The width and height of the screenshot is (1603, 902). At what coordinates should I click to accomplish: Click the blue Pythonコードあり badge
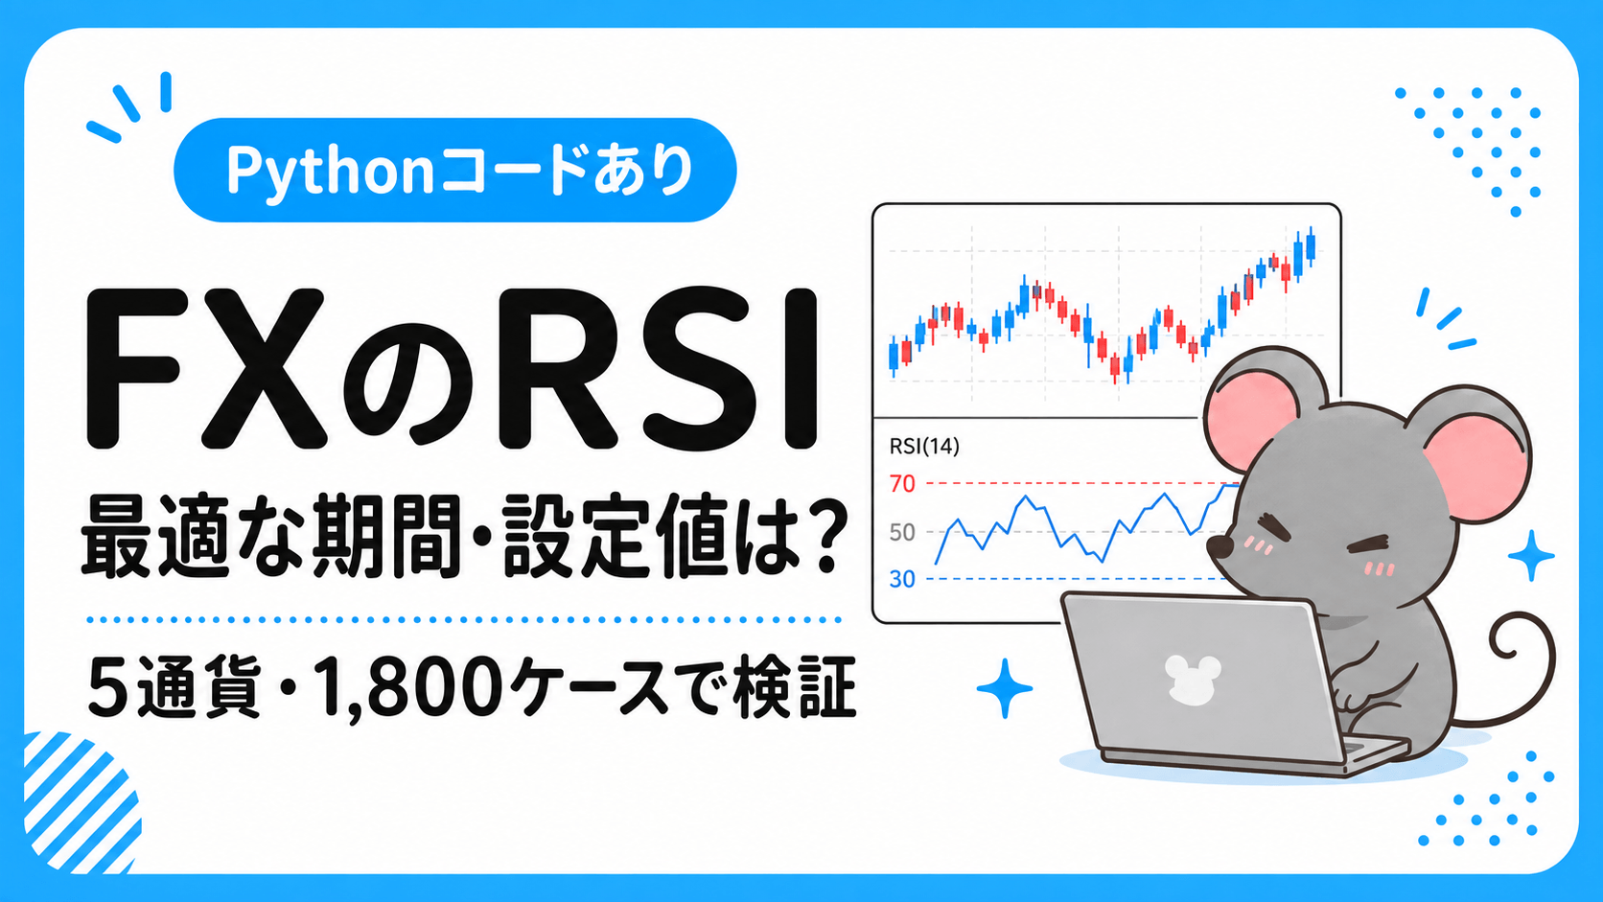(455, 171)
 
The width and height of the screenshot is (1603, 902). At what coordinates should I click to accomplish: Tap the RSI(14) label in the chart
(924, 447)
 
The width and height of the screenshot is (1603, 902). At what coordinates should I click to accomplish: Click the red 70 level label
(902, 484)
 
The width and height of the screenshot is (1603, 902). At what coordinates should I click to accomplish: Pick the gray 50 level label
(902, 532)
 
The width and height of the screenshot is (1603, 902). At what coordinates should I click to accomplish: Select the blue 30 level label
(902, 579)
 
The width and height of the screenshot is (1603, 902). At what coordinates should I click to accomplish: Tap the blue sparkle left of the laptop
(1005, 688)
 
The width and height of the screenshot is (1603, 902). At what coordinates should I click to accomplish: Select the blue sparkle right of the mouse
(1531, 556)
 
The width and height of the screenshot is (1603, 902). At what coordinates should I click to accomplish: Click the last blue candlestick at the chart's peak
(1311, 246)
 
